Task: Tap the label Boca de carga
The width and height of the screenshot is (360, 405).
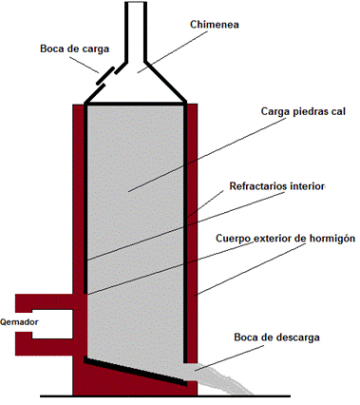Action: pyautogui.click(x=73, y=48)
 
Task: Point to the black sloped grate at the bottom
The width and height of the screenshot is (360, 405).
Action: pyautogui.click(x=139, y=372)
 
